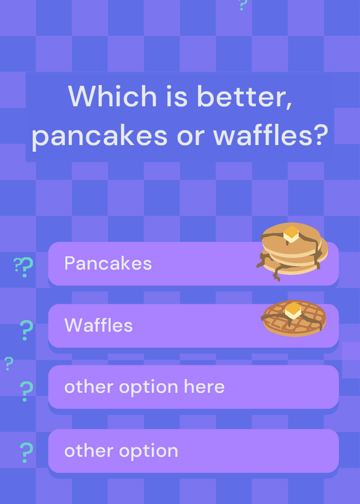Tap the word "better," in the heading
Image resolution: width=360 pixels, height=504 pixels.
click(244, 96)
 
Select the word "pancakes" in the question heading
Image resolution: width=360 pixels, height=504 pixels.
click(100, 135)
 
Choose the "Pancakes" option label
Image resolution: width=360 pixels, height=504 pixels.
click(108, 263)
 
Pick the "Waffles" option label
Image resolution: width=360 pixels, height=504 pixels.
click(98, 325)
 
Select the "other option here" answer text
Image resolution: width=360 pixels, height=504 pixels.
click(144, 387)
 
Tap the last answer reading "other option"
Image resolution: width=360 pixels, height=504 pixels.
click(121, 450)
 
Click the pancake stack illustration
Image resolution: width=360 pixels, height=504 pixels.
click(292, 251)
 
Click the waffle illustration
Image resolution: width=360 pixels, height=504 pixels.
click(294, 318)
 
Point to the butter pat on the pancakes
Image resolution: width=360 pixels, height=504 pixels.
click(291, 234)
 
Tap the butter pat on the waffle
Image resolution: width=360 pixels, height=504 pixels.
click(293, 311)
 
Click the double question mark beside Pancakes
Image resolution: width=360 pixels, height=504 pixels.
click(24, 267)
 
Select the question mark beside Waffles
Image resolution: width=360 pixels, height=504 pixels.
click(26, 329)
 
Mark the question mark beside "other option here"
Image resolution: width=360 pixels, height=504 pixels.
click(26, 391)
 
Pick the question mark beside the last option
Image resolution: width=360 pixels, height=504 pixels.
click(26, 452)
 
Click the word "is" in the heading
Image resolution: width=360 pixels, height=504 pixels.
click(177, 96)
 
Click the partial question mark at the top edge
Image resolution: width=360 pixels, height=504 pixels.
click(243, 5)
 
